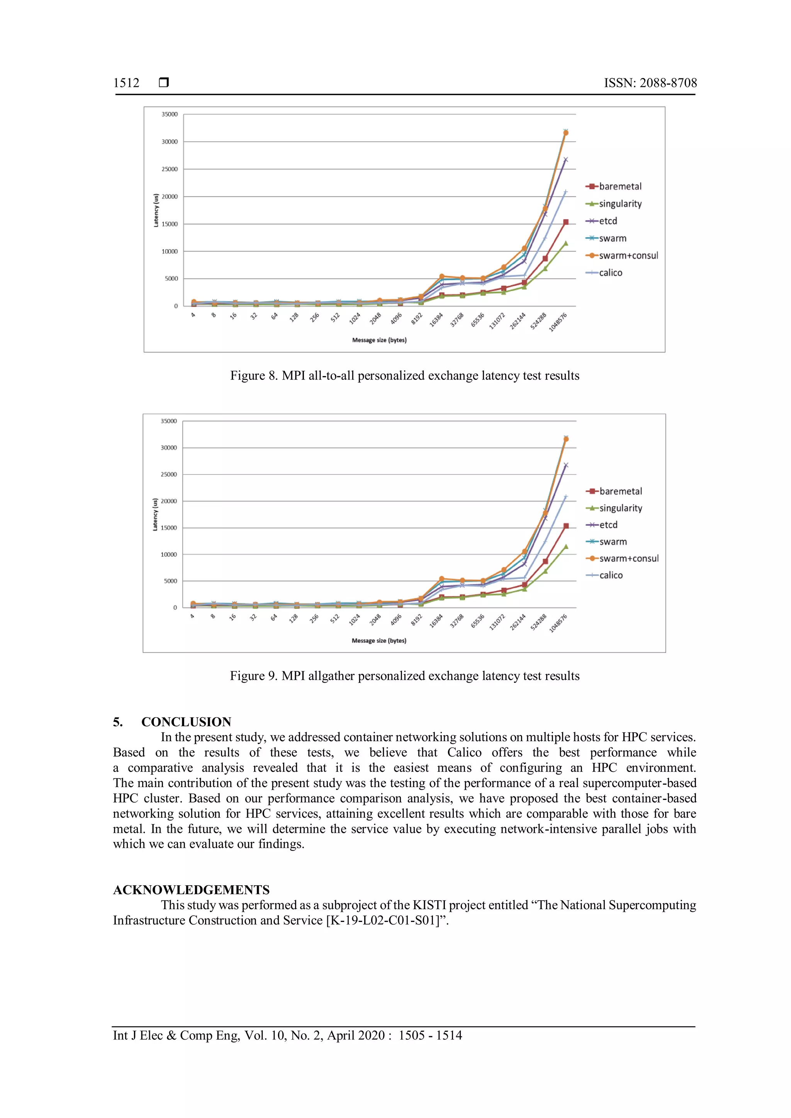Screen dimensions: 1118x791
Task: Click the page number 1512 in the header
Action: point(126,83)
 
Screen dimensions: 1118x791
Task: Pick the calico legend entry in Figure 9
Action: point(610,575)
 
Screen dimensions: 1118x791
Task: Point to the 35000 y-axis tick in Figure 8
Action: point(170,114)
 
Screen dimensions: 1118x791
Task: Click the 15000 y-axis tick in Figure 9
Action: point(168,528)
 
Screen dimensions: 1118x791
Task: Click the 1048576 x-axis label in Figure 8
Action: point(558,322)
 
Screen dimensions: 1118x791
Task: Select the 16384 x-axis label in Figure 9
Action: point(436,621)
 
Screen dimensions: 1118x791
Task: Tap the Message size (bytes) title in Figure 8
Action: point(379,340)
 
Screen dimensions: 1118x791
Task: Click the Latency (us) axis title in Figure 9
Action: point(155,514)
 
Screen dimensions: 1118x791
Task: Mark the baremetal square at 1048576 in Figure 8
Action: point(565,222)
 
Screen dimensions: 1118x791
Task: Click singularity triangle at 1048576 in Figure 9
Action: point(565,546)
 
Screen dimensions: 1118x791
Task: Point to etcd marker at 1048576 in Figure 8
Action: point(565,159)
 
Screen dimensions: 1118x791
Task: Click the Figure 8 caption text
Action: point(404,375)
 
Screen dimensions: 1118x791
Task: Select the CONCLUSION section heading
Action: point(186,722)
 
